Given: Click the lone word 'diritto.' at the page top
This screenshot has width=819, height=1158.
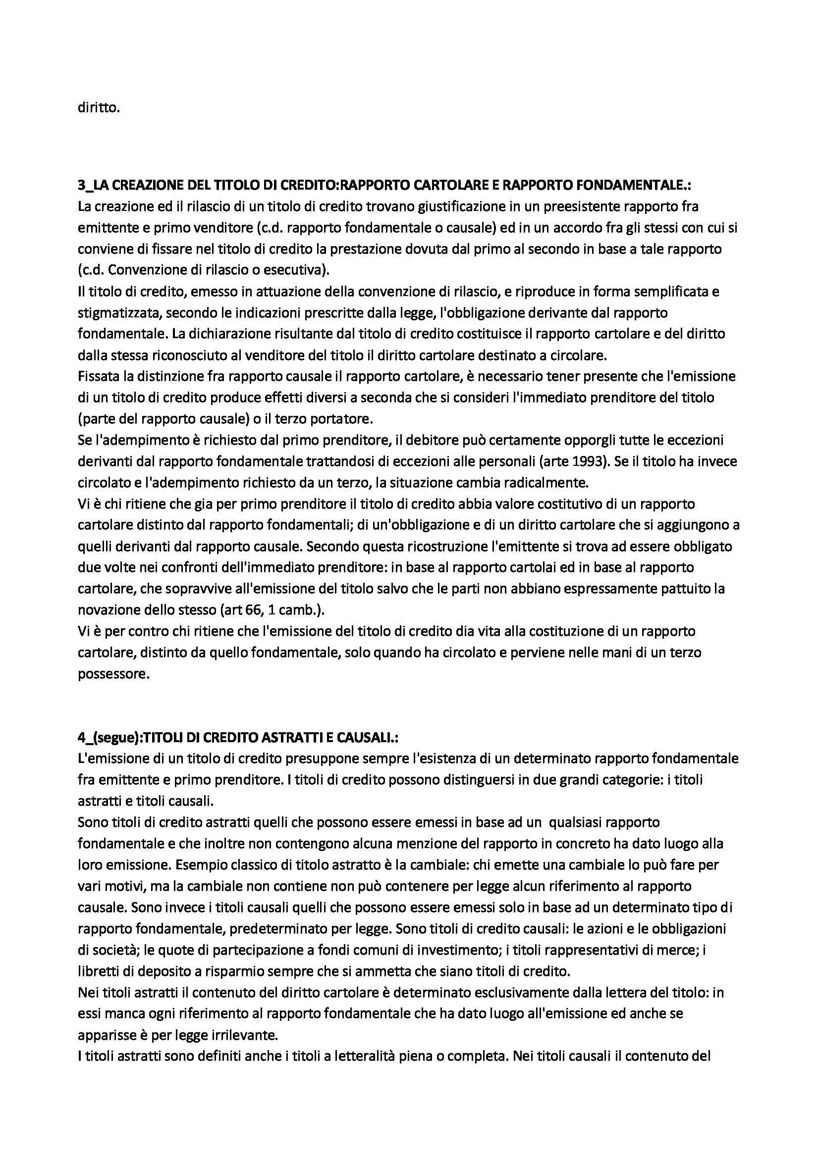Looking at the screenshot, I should pyautogui.click(x=99, y=107).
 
